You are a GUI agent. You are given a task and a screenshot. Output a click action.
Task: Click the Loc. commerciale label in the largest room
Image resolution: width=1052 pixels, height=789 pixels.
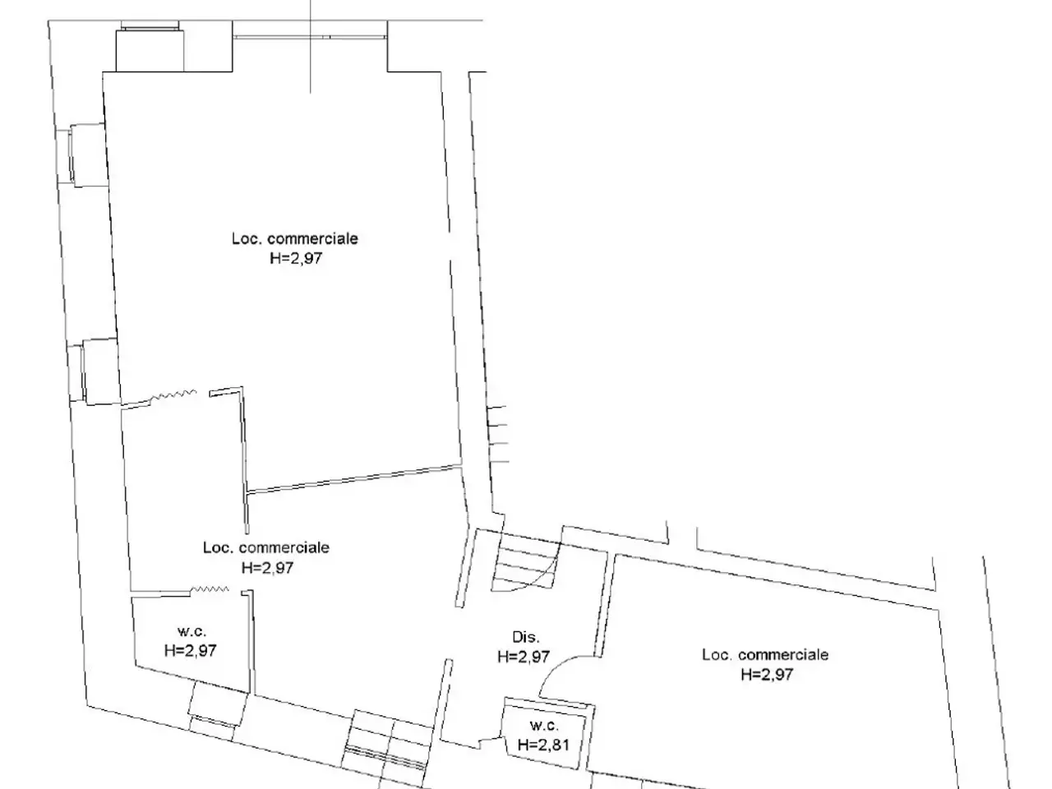pos(295,238)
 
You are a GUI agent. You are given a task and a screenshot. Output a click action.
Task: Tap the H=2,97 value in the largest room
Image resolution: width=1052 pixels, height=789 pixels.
pos(296,258)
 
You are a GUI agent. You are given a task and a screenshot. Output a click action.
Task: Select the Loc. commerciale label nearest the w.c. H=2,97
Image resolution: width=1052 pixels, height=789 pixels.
pos(266,547)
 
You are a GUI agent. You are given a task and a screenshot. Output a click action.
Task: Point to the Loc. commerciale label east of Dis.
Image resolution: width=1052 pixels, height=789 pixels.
pos(765,655)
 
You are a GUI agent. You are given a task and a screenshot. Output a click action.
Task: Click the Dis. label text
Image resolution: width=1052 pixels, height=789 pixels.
pos(526,637)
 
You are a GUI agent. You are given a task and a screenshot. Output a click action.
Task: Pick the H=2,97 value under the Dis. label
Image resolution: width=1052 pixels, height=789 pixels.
pos(524,657)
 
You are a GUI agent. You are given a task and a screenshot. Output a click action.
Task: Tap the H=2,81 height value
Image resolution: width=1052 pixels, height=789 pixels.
pos(543,745)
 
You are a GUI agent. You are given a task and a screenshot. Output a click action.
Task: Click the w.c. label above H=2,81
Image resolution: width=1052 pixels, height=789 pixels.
pos(544,725)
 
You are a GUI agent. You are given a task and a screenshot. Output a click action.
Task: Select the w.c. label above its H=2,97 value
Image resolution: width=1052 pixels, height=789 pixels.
pos(191,631)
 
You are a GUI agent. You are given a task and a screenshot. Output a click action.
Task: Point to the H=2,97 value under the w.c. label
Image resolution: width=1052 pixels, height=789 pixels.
pos(191,651)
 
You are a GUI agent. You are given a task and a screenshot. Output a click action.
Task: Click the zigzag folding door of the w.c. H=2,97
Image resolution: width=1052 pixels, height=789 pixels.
pos(210,589)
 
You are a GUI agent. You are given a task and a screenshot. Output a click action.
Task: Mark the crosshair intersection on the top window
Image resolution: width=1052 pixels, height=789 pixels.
pos(310,37)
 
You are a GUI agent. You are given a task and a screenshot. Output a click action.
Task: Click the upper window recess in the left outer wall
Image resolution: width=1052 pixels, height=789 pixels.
pos(88,155)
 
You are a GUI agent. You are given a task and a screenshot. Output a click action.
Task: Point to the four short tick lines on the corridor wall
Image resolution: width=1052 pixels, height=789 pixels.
pos(498,434)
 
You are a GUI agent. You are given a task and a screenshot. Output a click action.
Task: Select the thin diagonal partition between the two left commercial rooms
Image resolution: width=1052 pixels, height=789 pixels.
pos(353,478)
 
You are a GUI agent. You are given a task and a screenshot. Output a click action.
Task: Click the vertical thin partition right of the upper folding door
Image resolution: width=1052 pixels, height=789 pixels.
pos(244,460)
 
